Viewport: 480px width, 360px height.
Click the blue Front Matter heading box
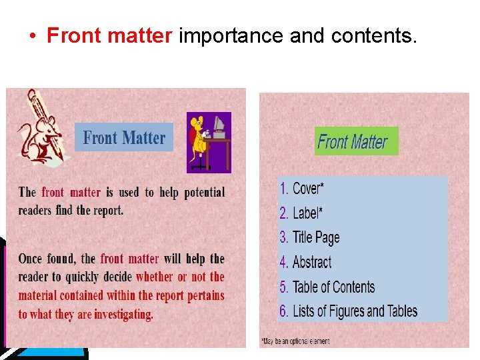coord(124,137)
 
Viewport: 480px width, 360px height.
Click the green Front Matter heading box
coord(356,141)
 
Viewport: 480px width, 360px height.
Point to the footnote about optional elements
coord(294,341)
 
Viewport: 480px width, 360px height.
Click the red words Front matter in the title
coord(109,36)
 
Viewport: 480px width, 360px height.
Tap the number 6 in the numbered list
coord(283,311)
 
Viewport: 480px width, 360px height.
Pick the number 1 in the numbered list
coord(283,189)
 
